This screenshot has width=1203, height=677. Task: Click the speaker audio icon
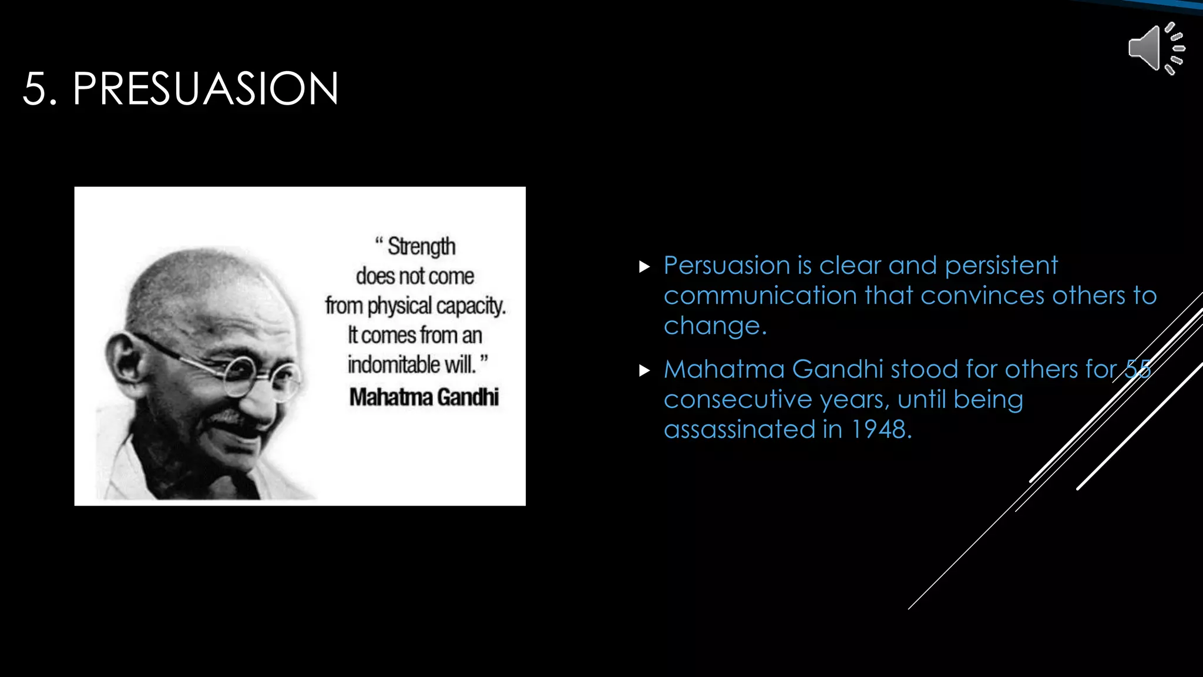[x=1156, y=49]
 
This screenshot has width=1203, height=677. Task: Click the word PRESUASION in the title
[x=206, y=89]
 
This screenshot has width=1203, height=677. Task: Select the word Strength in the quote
[x=421, y=247]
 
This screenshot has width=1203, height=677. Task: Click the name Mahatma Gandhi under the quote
[x=424, y=397]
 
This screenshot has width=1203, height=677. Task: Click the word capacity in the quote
[x=471, y=306]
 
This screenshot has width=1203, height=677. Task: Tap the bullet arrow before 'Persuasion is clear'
[x=644, y=267]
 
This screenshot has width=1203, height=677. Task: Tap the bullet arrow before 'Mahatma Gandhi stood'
[x=644, y=370]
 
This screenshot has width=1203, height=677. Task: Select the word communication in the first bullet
[x=760, y=296]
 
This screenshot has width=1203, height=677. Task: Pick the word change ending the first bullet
[x=715, y=326]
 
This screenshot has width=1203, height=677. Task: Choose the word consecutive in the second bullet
[x=738, y=400]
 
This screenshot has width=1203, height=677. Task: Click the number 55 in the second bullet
[x=1137, y=370]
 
